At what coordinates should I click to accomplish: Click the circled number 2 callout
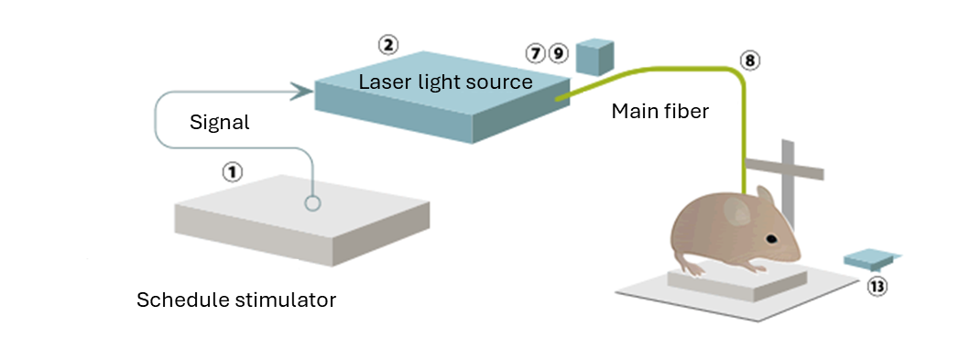coord(387,43)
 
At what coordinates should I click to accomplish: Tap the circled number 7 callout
coord(537,53)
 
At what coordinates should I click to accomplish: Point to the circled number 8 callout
coord(749,60)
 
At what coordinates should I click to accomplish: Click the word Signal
coord(219,121)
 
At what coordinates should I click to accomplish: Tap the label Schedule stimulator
coord(236,300)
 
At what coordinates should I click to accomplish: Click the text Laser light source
coord(445,82)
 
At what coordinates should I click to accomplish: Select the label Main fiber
coord(659,112)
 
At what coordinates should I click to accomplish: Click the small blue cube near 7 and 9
coord(594,58)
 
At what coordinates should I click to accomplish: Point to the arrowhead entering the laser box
coord(301,90)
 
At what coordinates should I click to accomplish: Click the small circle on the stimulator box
coord(312,202)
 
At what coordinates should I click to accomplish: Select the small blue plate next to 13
coord(871,260)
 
